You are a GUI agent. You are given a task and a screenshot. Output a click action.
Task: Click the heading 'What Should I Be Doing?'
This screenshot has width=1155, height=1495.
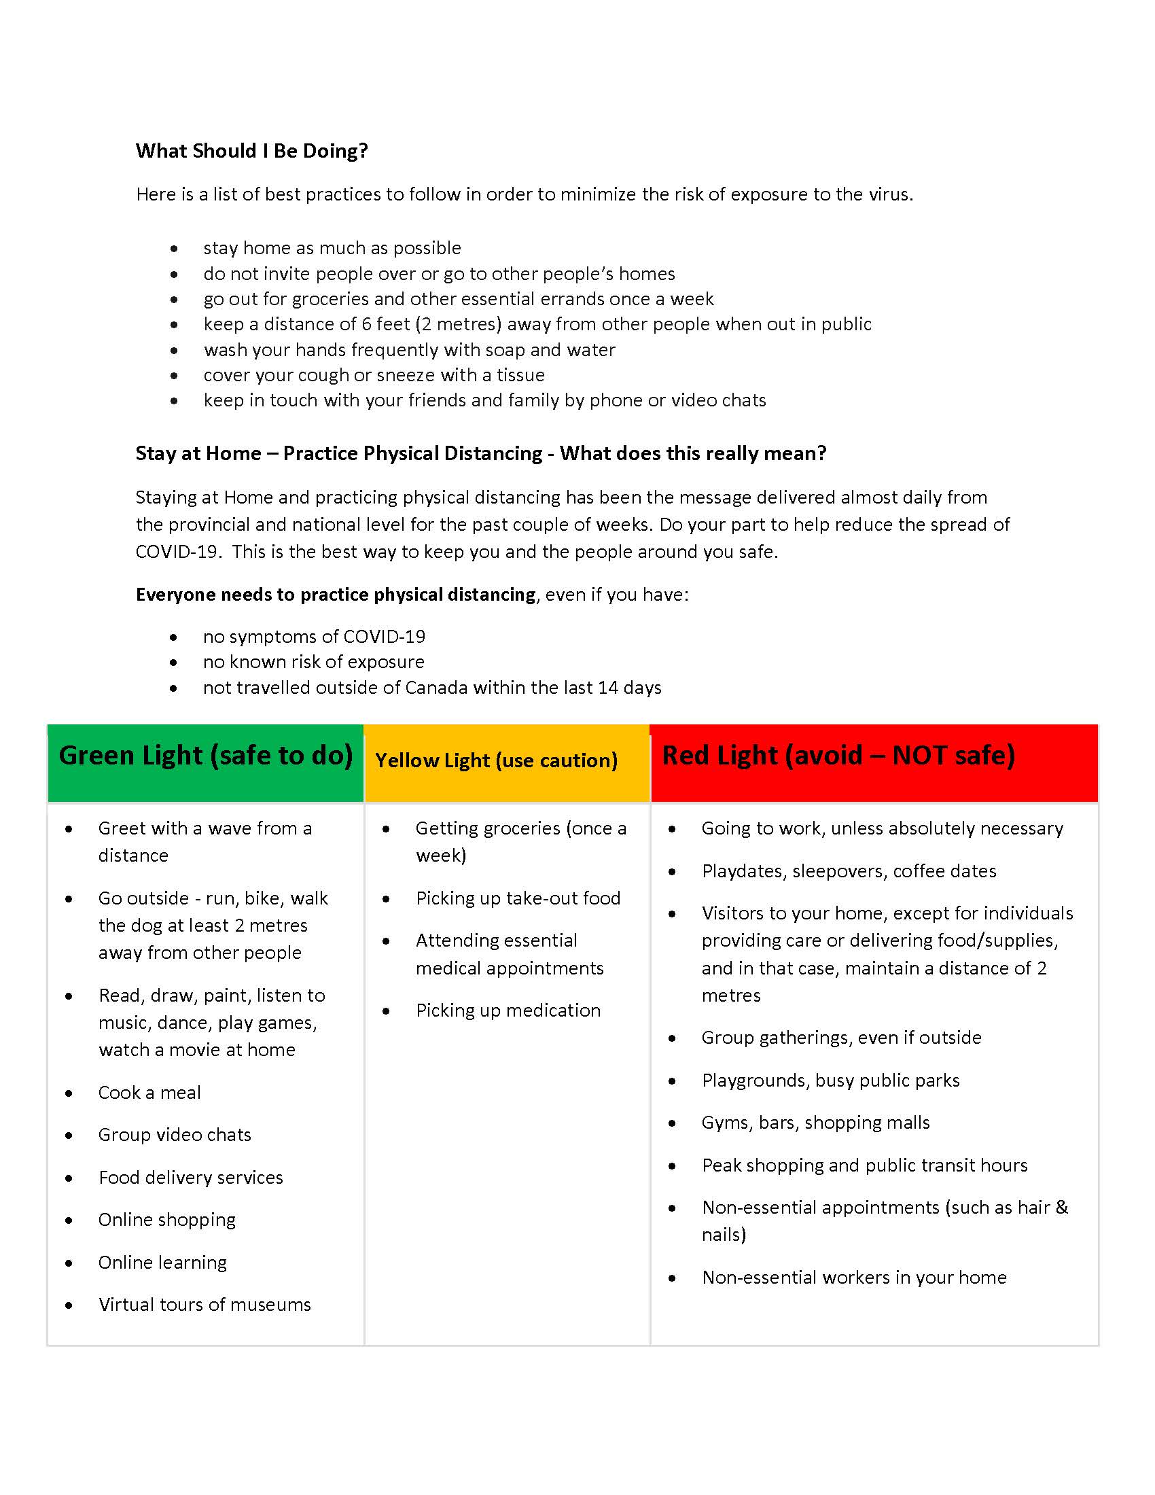pyautogui.click(x=251, y=151)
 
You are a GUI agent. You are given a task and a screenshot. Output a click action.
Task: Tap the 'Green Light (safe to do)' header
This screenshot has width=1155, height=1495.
pyautogui.click(x=205, y=756)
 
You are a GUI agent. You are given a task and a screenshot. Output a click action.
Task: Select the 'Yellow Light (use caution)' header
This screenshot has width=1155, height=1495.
pyautogui.click(x=496, y=760)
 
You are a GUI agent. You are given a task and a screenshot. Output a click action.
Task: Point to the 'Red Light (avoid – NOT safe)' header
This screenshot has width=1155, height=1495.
pyautogui.click(x=838, y=756)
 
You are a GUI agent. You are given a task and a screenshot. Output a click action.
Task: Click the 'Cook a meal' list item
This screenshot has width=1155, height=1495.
pyautogui.click(x=149, y=1093)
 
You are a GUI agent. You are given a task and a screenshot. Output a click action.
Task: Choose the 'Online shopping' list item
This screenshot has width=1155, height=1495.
pyautogui.click(x=167, y=1220)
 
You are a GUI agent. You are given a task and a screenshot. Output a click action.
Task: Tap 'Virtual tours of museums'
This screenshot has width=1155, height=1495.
pyautogui.click(x=205, y=1305)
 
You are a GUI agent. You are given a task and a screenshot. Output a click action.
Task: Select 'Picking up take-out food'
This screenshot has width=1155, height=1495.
pyautogui.click(x=518, y=898)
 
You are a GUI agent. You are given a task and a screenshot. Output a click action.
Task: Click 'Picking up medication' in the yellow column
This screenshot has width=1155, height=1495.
pyautogui.click(x=508, y=1010)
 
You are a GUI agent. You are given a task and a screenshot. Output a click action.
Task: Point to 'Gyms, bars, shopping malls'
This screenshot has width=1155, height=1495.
pyautogui.click(x=815, y=1123)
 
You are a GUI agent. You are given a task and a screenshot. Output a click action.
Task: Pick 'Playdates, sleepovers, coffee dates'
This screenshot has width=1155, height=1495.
pyautogui.click(x=849, y=871)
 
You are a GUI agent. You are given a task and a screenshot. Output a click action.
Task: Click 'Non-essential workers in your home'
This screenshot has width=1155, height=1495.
pyautogui.click(x=854, y=1278)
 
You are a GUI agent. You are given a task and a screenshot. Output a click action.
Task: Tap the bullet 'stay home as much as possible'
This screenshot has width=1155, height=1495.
pyautogui.click(x=332, y=248)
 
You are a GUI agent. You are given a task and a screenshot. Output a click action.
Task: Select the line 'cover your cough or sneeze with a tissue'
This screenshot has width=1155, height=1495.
pyautogui.click(x=374, y=375)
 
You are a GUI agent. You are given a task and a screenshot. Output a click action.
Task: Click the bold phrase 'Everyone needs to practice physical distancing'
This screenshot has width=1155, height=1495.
pyautogui.click(x=335, y=595)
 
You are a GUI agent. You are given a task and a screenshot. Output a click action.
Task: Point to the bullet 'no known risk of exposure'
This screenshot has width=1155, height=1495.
pyautogui.click(x=313, y=662)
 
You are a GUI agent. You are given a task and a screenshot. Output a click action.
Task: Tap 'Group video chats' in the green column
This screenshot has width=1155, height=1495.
pyautogui.click(x=175, y=1135)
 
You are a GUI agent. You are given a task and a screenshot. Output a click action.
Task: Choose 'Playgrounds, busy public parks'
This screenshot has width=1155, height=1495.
pyautogui.click(x=831, y=1080)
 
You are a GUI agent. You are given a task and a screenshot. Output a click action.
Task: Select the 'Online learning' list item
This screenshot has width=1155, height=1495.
pyautogui.click(x=162, y=1263)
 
